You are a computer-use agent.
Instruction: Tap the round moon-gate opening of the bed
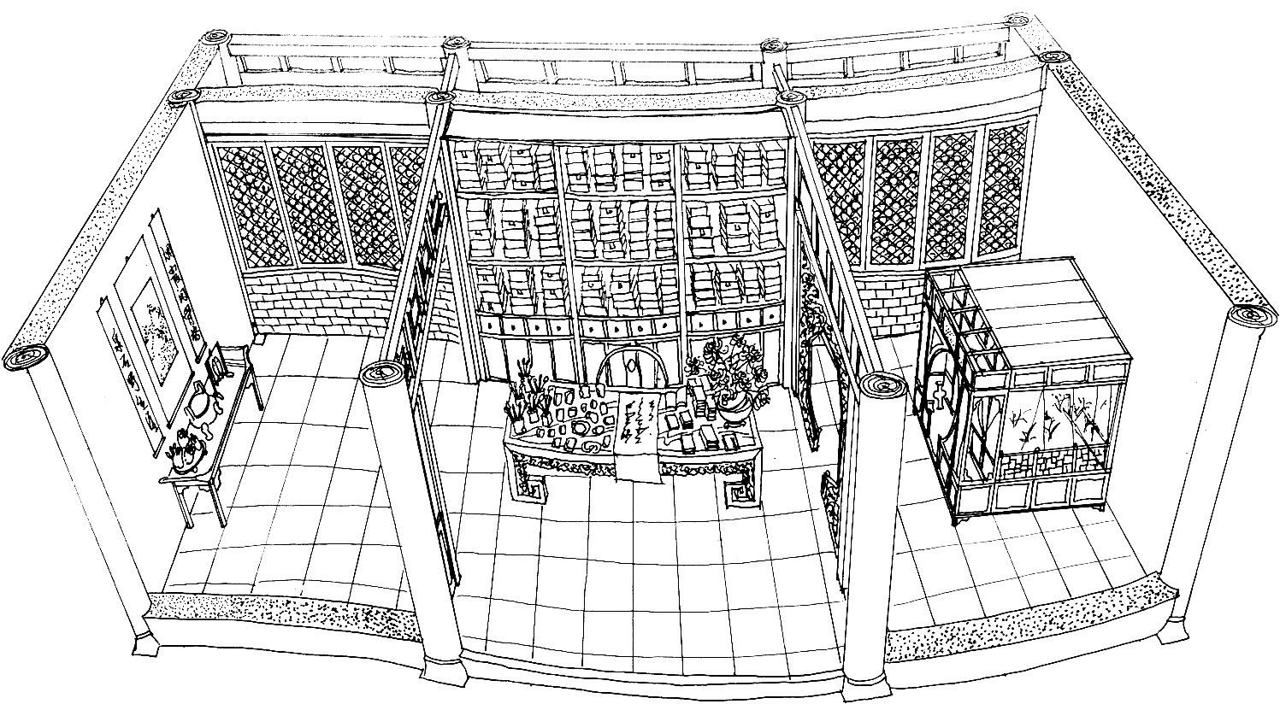940,402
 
